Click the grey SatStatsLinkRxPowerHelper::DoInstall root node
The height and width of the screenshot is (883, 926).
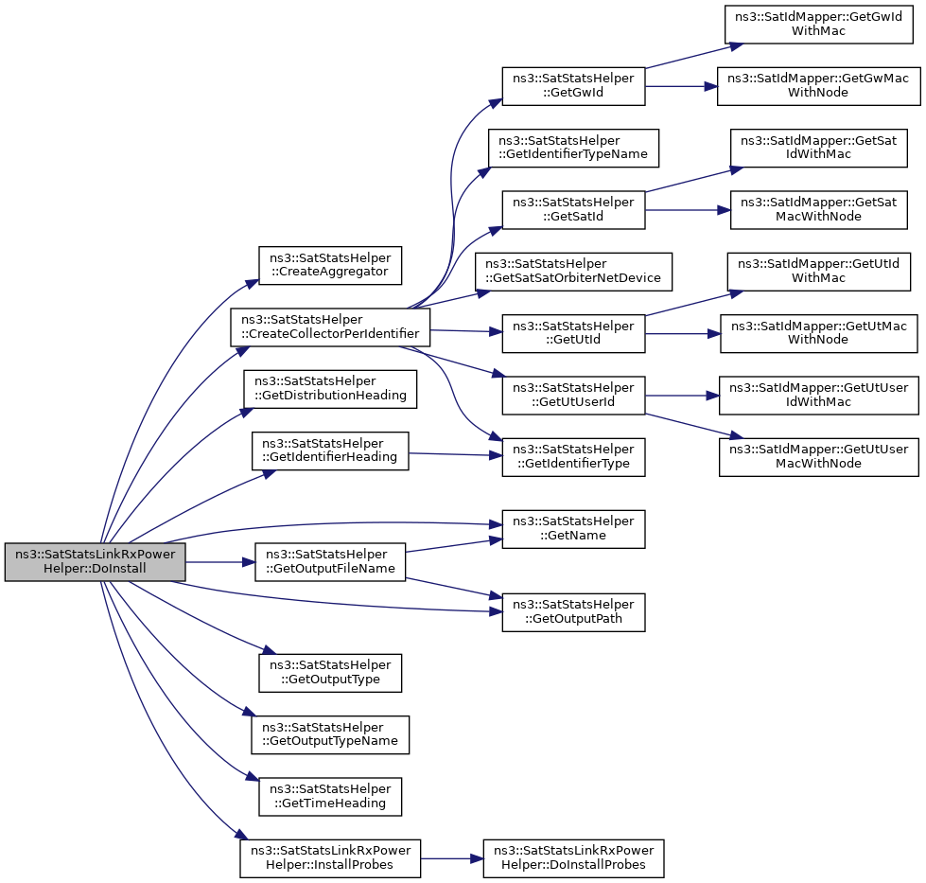pyautogui.click(x=96, y=561)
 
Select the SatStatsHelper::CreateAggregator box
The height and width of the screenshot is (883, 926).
pyautogui.click(x=330, y=265)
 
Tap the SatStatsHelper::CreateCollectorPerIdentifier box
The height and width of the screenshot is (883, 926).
pyautogui.click(x=330, y=327)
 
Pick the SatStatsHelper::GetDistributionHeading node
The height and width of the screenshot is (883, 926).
pyautogui.click(x=330, y=389)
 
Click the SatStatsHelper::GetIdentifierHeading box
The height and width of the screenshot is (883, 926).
pyautogui.click(x=330, y=450)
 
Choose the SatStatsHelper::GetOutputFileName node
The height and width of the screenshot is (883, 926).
pyautogui.click(x=330, y=561)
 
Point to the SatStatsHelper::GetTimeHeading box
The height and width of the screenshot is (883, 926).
pyautogui.click(x=330, y=797)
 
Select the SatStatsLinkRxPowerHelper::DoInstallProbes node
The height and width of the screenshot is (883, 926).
pyautogui.click(x=573, y=858)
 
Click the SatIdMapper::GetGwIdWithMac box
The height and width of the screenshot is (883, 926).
pyautogui.click(x=818, y=25)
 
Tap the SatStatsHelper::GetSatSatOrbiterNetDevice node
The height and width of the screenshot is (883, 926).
pyautogui.click(x=573, y=272)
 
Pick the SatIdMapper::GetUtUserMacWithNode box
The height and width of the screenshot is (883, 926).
pyautogui.click(x=818, y=457)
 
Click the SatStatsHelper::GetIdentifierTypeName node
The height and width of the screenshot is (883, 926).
pyautogui.click(x=573, y=148)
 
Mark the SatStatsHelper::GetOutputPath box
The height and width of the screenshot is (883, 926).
pyautogui.click(x=573, y=612)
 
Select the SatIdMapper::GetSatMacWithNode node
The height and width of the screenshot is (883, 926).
pyautogui.click(x=818, y=210)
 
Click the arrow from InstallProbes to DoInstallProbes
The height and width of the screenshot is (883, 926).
pyautogui.click(x=452, y=858)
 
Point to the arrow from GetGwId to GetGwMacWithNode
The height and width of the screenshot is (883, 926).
pyautogui.click(x=682, y=86)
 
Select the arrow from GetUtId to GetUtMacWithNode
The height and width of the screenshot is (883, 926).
pyautogui.click(x=683, y=333)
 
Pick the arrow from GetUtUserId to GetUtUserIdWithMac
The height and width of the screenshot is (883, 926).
pyautogui.click(x=682, y=395)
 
